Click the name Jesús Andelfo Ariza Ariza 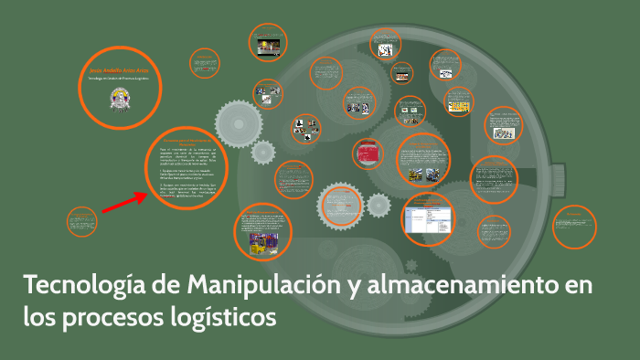pyautogui.click(x=114, y=69)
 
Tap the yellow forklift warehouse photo pyautogui.click(x=261, y=242)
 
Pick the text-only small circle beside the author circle pyautogui.click(x=205, y=63)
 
